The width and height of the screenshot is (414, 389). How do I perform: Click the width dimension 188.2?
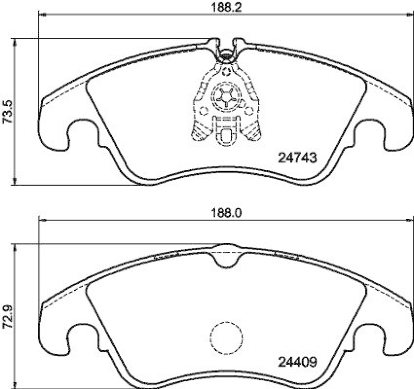(x=220, y=7)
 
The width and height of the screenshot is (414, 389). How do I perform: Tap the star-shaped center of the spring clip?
(x=226, y=97)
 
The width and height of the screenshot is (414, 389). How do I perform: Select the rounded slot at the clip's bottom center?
(x=226, y=136)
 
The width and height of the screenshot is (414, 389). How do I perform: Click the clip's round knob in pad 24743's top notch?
(x=226, y=53)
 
